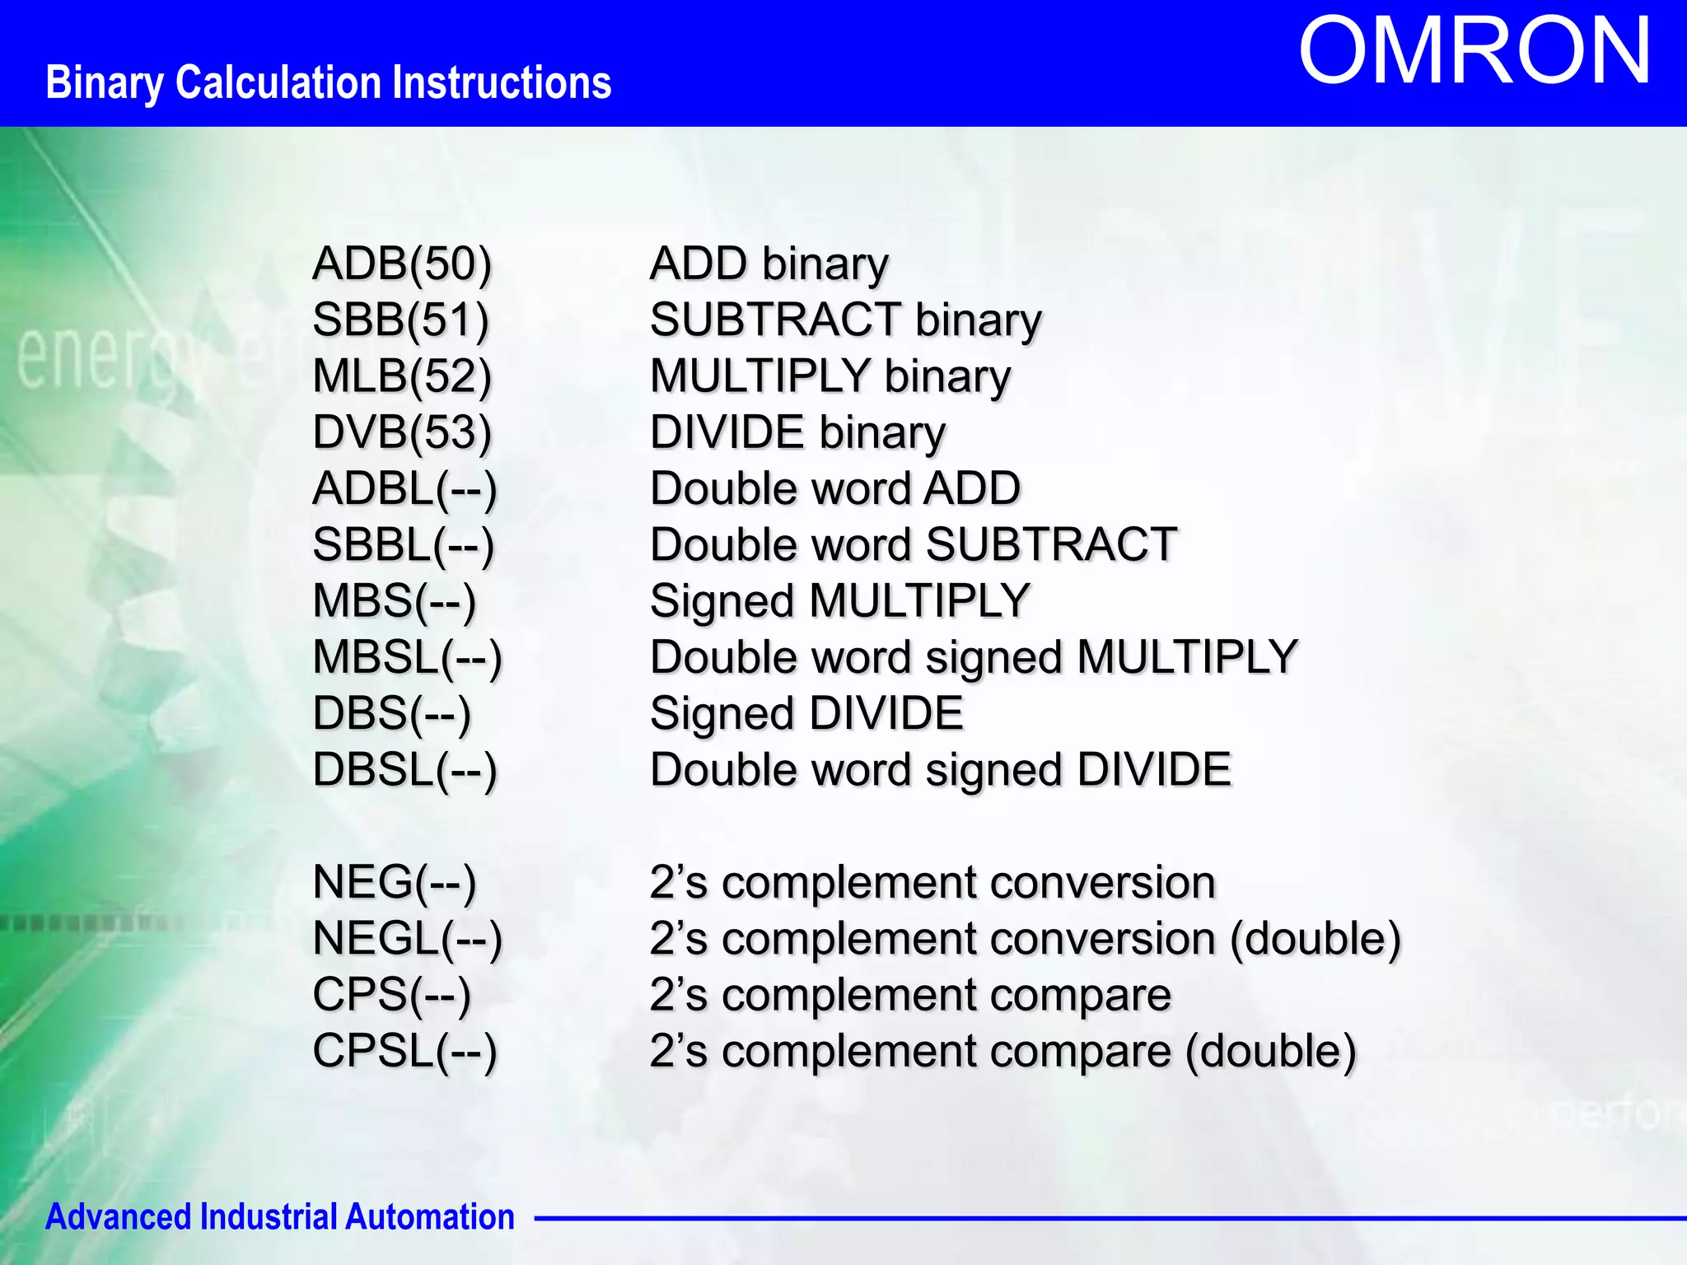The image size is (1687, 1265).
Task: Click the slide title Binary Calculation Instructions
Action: (328, 83)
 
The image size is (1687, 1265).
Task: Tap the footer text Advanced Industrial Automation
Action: (279, 1216)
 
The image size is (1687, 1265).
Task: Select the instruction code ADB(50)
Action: (402, 264)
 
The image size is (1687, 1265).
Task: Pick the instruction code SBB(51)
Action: (400, 320)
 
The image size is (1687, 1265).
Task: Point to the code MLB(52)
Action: (402, 376)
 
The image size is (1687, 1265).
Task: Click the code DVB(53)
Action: (402, 433)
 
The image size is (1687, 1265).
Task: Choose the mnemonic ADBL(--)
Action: (404, 489)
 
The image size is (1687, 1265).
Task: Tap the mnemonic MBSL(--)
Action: (407, 658)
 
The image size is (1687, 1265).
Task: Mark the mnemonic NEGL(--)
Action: (407, 939)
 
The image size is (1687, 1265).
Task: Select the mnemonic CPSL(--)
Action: (404, 1052)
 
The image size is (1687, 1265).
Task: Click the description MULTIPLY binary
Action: (830, 376)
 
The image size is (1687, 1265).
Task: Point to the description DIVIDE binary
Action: (797, 433)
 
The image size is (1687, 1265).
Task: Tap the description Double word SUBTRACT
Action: (914, 545)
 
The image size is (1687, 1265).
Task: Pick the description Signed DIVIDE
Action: (806, 714)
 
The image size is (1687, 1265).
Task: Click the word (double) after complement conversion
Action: (1315, 939)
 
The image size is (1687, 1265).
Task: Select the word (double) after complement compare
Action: (1270, 1052)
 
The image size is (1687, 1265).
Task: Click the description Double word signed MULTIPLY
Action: (974, 658)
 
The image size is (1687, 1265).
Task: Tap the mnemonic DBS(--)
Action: (391, 714)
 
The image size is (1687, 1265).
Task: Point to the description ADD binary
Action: (769, 264)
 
